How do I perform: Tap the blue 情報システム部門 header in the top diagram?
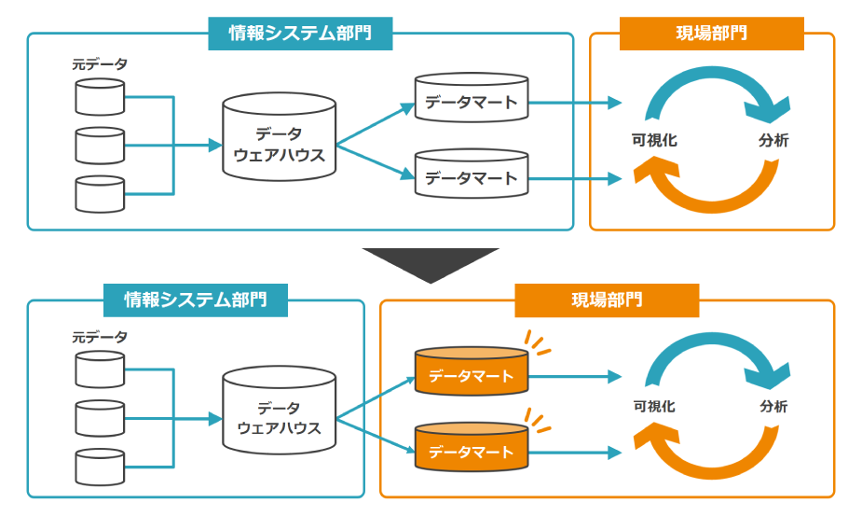300,34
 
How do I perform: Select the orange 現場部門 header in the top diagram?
711,34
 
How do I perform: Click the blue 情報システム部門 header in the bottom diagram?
196,300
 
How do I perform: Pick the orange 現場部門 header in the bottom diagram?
607,300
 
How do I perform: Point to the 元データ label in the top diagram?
100,64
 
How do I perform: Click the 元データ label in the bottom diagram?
100,337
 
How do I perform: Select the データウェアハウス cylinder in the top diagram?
280,136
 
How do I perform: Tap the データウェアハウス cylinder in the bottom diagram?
280,411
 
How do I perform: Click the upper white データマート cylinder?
472,97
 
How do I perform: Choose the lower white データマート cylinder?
472,174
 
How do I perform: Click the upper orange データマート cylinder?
472,371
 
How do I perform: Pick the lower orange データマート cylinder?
472,447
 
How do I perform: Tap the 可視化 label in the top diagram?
654,140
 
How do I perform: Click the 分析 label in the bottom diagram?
774,407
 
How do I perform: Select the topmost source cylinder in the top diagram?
100,97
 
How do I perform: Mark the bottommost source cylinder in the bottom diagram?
100,467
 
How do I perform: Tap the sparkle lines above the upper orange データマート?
537,342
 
